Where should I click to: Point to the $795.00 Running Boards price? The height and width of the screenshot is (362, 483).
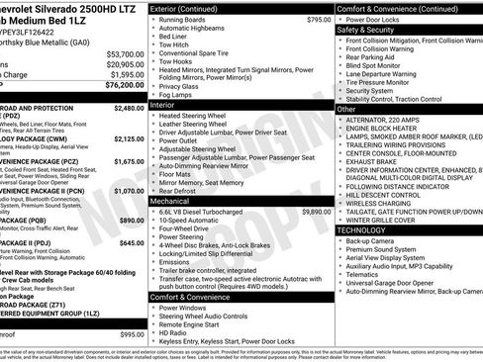click(319, 19)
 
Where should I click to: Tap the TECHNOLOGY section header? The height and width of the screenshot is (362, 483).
click(362, 229)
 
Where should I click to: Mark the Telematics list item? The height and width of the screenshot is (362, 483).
click(366, 276)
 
